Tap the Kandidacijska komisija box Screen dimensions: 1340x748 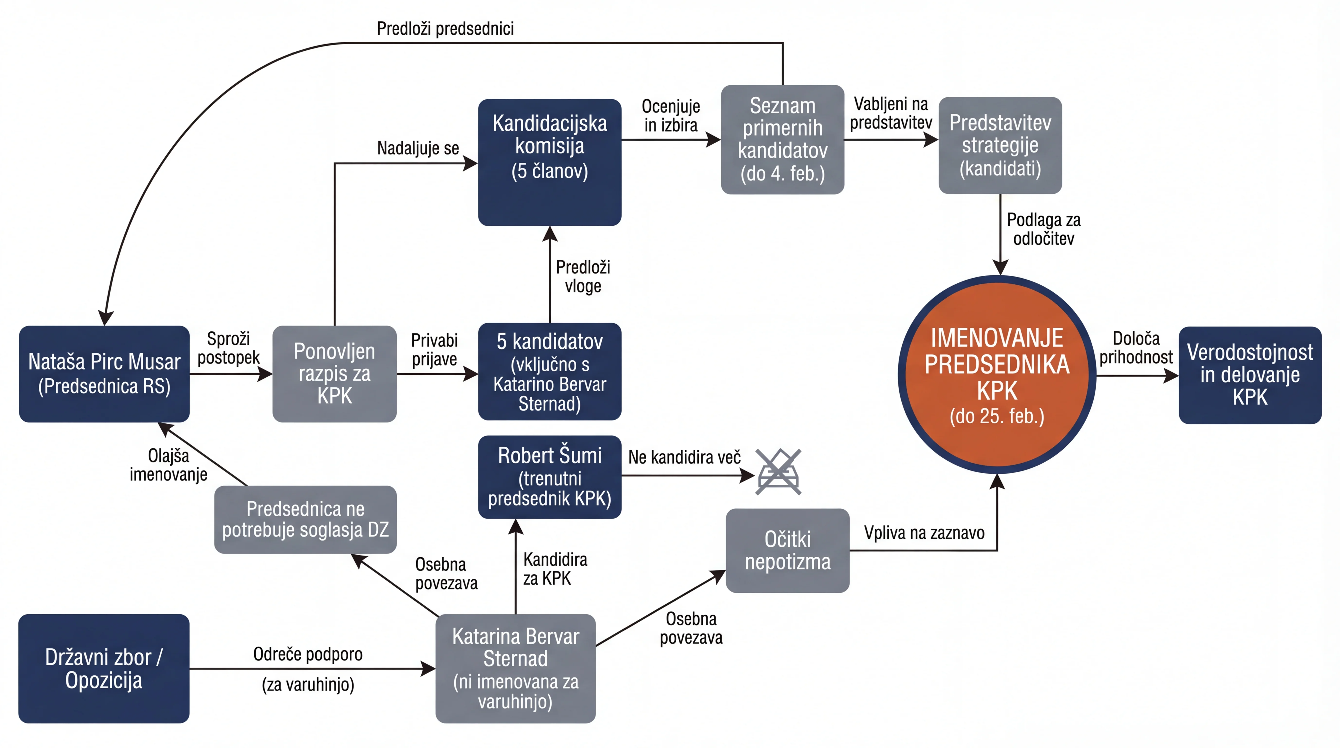pyautogui.click(x=550, y=162)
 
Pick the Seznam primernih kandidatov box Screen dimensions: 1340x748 pyautogui.click(x=782, y=140)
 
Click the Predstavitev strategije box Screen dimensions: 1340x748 pyautogui.click(x=1000, y=145)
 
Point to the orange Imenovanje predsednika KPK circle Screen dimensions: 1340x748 pyautogui.click(x=997, y=374)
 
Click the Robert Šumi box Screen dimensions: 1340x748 pyautogui.click(x=550, y=477)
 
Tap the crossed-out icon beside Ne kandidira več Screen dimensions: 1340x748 pyautogui.click(x=778, y=472)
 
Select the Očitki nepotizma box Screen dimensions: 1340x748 pyautogui.click(x=788, y=550)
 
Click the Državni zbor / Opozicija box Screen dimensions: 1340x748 pyautogui.click(x=104, y=668)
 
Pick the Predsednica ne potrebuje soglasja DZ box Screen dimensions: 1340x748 pyautogui.click(x=305, y=519)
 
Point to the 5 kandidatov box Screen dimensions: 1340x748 pyautogui.click(x=550, y=371)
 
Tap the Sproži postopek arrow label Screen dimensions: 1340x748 pyautogui.click(x=228, y=348)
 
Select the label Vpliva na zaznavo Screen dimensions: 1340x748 pyautogui.click(x=924, y=533)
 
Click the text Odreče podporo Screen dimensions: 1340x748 pyautogui.click(x=308, y=654)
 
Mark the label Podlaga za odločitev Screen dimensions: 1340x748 pyautogui.click(x=1043, y=229)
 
